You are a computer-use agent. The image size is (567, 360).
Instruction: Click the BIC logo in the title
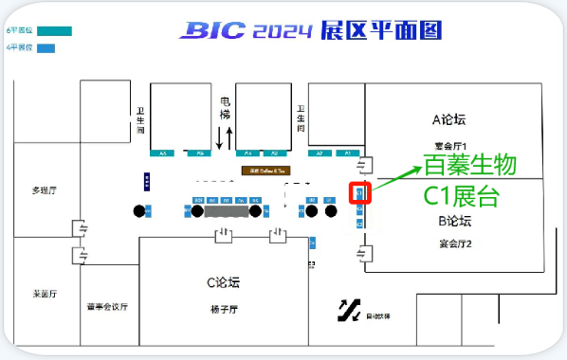(212, 31)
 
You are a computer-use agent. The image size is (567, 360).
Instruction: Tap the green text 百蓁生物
(469, 166)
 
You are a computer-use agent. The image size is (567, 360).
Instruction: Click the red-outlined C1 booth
(360, 193)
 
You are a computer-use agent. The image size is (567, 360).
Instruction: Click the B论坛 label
(454, 222)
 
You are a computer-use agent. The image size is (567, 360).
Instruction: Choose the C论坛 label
(224, 281)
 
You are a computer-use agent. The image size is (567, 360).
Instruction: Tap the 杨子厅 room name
(224, 309)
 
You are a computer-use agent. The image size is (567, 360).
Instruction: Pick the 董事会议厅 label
(107, 307)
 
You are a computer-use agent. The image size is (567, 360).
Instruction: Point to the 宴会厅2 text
(455, 243)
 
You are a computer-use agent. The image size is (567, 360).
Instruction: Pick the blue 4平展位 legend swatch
(46, 47)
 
